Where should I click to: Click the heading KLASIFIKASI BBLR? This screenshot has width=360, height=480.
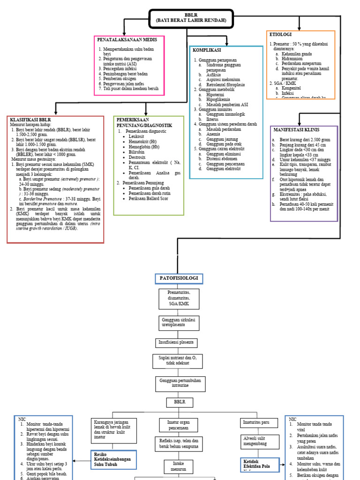30,120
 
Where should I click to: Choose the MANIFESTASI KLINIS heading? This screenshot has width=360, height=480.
295,129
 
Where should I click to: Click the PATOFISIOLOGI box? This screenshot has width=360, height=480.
179,278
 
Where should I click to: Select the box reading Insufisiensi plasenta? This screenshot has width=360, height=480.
177,343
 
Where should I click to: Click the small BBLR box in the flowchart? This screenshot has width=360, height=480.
177,403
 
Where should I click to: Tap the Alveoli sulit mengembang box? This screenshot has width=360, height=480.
257,442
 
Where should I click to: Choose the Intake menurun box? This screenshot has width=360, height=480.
176,466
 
